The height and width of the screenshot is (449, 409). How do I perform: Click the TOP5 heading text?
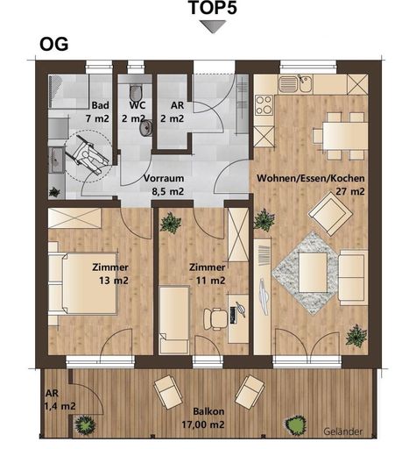(x=213, y=8)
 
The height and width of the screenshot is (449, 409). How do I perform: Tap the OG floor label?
(x=54, y=45)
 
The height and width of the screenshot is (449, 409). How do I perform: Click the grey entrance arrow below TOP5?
(x=213, y=26)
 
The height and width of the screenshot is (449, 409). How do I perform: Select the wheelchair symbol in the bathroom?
(x=88, y=155)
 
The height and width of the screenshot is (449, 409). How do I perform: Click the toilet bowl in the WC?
(x=135, y=93)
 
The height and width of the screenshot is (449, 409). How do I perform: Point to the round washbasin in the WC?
(x=145, y=128)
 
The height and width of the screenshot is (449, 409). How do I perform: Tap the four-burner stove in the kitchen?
(x=264, y=105)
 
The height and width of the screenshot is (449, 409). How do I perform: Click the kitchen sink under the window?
(x=295, y=82)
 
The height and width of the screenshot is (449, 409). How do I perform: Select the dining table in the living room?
(x=345, y=136)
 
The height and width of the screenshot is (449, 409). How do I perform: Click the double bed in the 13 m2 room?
(x=86, y=283)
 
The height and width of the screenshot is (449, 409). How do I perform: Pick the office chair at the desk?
(x=215, y=319)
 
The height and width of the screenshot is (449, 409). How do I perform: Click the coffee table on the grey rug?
(x=313, y=273)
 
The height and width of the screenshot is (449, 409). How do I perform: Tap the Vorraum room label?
(x=164, y=178)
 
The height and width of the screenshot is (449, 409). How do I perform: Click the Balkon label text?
(x=208, y=411)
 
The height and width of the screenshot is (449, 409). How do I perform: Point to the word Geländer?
(x=343, y=431)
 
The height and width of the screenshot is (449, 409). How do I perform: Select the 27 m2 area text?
(x=350, y=192)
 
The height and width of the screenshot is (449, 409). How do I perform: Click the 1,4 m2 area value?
(x=60, y=406)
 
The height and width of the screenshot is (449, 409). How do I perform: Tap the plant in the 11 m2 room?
(x=171, y=223)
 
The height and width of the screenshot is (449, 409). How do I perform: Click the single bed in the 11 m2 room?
(x=174, y=320)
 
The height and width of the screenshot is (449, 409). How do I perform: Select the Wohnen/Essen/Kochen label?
(x=311, y=178)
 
